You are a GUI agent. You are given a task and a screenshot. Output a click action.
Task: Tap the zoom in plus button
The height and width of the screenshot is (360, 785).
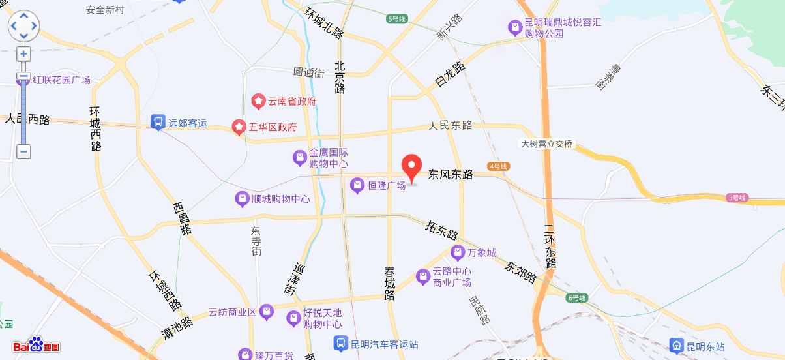click(23, 54)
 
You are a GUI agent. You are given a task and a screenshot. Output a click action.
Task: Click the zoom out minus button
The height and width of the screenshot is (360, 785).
click(23, 152)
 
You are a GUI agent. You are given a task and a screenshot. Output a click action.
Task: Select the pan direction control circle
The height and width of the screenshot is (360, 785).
click(23, 26)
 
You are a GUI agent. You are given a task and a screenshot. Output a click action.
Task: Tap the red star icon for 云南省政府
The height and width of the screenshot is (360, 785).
click(258, 101)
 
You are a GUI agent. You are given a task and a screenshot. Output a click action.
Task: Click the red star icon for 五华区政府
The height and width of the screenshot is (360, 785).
click(239, 127)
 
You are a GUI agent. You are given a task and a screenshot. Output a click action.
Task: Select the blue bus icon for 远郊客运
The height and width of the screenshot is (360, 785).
click(158, 122)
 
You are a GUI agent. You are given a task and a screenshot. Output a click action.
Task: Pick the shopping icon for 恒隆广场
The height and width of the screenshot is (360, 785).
click(357, 186)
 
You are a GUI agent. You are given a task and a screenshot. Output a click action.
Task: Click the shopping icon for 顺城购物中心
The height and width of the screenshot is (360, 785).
click(242, 198)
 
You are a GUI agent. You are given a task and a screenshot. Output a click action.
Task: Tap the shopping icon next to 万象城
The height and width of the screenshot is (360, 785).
click(458, 252)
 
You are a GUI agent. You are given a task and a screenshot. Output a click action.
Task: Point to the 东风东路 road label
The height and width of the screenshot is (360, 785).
click(451, 175)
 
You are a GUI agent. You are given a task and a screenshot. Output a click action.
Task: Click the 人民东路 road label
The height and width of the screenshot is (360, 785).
click(451, 125)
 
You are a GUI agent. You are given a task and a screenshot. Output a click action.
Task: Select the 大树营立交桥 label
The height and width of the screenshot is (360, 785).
click(546, 143)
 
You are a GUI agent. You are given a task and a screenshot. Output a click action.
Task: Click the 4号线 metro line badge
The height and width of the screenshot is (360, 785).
click(498, 166)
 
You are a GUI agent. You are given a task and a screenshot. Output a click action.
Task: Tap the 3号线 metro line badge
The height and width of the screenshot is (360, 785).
click(737, 198)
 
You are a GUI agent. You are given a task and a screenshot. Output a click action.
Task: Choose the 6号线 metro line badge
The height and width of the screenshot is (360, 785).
click(577, 297)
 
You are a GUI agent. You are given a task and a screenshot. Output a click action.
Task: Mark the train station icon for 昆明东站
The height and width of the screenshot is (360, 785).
click(677, 345)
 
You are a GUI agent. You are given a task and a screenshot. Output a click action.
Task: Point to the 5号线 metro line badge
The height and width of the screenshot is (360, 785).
click(396, 19)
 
